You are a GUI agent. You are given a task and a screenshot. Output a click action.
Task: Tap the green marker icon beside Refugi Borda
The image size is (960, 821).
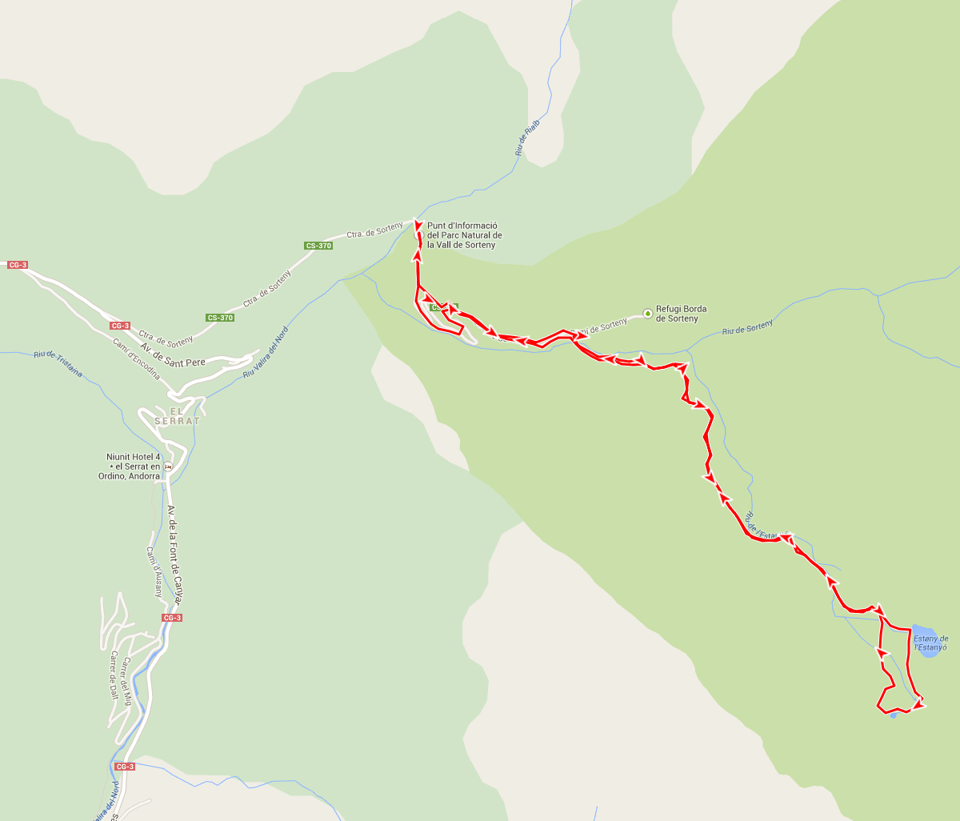point(647,313)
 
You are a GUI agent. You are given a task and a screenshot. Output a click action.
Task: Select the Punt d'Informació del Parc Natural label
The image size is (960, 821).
point(465,235)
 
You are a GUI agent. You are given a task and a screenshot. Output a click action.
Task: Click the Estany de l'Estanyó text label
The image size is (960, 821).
point(930,643)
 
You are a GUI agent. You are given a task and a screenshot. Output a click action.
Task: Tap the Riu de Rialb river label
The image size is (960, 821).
point(527,137)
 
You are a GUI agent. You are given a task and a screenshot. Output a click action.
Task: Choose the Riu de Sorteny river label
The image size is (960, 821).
point(747,326)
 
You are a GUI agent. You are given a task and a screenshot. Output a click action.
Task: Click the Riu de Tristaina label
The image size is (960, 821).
point(58,365)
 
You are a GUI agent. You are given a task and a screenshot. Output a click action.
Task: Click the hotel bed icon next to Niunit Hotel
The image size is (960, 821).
point(167,467)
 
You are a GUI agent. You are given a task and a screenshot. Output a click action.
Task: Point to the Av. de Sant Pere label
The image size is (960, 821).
point(173,355)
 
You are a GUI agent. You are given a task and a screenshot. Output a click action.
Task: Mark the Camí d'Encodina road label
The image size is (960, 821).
point(137,359)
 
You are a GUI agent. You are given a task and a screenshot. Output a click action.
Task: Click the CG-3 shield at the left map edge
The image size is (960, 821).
point(18,265)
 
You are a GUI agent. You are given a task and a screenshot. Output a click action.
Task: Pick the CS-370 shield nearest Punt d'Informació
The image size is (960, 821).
point(318,246)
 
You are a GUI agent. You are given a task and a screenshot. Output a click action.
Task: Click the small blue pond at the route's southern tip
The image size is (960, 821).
point(894,715)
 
